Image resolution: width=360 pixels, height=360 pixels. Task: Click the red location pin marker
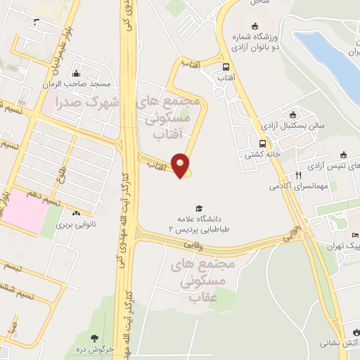182,165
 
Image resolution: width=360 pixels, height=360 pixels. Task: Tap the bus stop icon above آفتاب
225,68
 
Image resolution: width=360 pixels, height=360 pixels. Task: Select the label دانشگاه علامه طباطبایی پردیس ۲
200,224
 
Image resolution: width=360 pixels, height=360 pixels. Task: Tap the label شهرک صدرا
87,102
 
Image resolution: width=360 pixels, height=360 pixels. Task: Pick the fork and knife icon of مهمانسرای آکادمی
298,175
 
